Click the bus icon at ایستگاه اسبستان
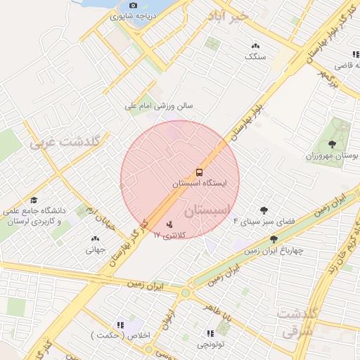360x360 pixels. (199, 172)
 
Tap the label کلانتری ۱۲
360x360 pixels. (169, 236)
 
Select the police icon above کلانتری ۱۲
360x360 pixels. (169, 225)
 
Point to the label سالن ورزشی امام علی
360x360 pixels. (159, 106)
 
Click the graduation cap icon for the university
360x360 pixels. (34, 200)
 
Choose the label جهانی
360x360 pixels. (96, 249)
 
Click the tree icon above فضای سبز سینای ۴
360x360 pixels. (264, 210)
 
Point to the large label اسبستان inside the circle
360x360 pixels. (207, 211)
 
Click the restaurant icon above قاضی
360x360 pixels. (355, 55)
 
